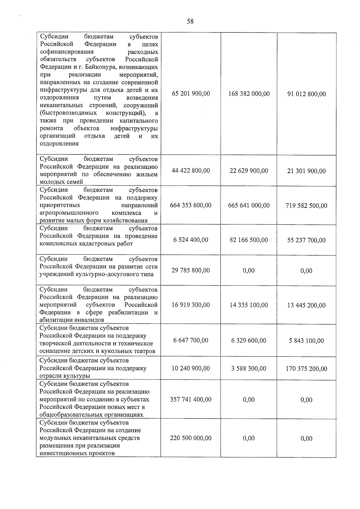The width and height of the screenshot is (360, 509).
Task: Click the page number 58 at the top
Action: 190,21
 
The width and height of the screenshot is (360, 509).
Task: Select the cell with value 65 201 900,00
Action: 191,94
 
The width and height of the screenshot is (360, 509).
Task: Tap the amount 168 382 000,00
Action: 249,94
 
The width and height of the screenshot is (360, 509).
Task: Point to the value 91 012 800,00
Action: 306,94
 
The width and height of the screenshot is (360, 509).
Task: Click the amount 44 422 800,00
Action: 191,171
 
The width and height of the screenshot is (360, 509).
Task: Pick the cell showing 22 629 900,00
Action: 249,171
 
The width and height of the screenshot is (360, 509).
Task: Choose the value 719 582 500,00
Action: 306,206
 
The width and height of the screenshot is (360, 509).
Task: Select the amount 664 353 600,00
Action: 191,205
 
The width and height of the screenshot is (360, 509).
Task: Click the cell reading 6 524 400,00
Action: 191,240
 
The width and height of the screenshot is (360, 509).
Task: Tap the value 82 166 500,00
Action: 249,240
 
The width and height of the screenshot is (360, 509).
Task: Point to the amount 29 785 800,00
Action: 191,270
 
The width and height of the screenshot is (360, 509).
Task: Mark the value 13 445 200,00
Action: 306,305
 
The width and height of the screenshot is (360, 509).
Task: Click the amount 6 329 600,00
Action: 249,340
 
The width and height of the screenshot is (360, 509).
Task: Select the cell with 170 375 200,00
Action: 306,369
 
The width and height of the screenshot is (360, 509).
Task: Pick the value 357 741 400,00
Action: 191,400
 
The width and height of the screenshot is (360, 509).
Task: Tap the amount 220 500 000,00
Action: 191,438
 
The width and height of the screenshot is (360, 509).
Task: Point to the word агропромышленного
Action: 69,213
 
